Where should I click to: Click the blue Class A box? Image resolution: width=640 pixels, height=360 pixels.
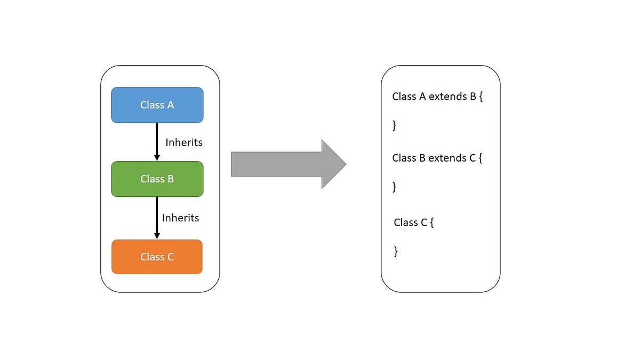157,105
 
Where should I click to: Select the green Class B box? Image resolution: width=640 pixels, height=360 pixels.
157,179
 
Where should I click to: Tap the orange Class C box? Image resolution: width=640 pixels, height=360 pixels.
157,257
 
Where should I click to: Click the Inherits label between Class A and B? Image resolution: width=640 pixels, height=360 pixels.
184,142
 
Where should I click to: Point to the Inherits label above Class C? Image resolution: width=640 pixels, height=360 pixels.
180,218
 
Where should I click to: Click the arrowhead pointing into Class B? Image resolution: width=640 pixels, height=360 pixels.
157,157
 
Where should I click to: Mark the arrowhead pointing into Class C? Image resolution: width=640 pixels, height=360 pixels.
157,235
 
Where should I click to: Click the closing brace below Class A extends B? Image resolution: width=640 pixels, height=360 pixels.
394,126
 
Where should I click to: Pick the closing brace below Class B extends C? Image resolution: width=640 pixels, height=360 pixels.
394,187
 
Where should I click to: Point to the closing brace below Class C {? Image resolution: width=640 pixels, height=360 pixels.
396,252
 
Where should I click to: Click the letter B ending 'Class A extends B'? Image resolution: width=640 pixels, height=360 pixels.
473,97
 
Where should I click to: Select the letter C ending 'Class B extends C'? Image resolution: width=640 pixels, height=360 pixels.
473,158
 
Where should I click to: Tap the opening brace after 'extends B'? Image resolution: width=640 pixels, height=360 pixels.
481,97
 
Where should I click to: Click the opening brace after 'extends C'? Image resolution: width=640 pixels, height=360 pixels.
481,158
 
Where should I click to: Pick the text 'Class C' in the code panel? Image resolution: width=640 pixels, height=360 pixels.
410,222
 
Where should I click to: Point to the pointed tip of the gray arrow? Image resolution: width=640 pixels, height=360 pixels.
345,164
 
